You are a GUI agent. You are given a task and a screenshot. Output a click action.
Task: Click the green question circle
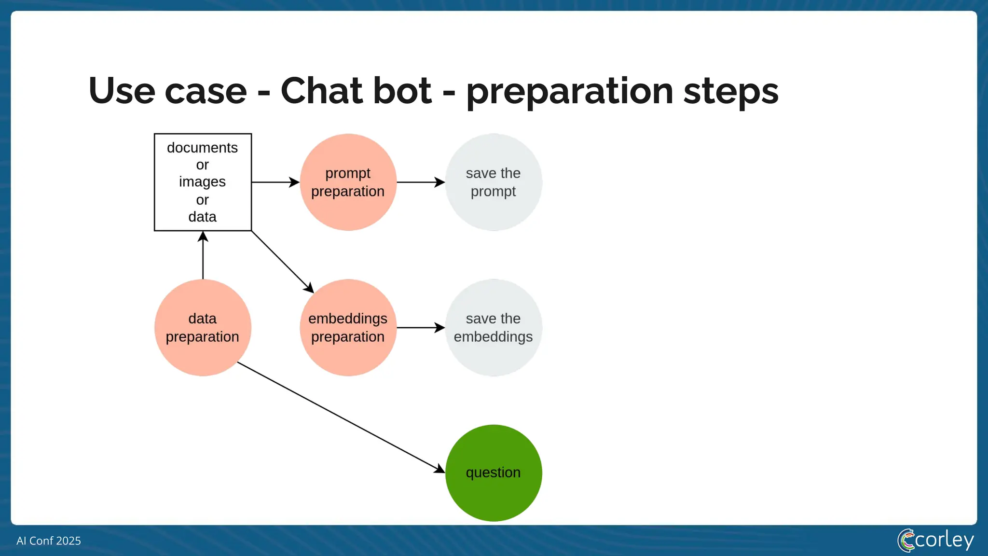tap(493, 473)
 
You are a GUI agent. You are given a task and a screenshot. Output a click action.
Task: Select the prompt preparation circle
tap(348, 182)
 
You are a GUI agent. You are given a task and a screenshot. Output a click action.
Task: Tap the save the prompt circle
tap(493, 182)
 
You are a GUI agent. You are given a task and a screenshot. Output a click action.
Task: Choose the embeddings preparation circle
tap(348, 328)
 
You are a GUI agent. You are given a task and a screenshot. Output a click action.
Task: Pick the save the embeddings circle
tap(493, 328)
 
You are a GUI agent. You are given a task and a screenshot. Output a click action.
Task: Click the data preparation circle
tap(203, 328)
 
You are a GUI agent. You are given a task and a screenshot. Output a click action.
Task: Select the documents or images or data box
tap(203, 182)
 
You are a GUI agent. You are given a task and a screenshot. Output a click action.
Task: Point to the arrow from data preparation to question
tap(341, 417)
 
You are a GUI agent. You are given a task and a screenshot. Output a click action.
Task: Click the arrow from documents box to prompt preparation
tap(275, 182)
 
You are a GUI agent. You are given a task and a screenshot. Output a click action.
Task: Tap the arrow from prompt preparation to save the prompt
tap(420, 182)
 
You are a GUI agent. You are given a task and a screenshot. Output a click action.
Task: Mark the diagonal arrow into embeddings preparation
tap(282, 262)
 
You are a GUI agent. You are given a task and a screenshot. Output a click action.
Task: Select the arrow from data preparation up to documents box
tap(203, 255)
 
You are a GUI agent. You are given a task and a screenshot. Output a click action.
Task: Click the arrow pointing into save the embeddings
tap(420, 328)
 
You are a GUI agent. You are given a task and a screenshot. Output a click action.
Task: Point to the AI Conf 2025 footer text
tap(49, 541)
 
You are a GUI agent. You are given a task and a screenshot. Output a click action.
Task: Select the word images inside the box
tap(202, 182)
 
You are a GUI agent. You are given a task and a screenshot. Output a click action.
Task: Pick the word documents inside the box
tap(202, 148)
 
